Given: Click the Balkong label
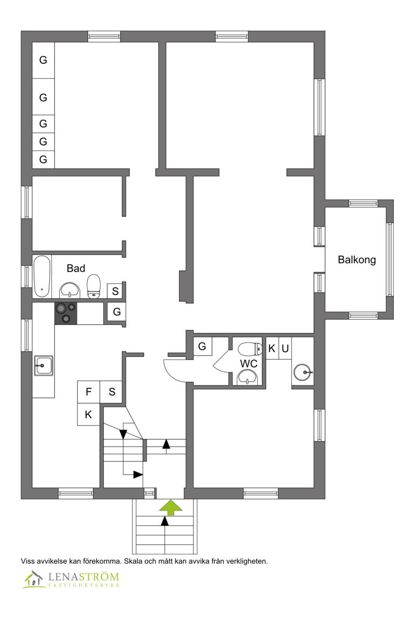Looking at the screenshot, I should [x=357, y=260].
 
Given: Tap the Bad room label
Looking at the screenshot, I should [x=76, y=268].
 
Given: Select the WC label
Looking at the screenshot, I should [x=248, y=364].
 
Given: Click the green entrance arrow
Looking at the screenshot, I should [x=170, y=507].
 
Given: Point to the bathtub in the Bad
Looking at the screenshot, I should [x=42, y=276].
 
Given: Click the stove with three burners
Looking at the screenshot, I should [x=65, y=313].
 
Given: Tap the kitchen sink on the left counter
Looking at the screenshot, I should [x=43, y=366].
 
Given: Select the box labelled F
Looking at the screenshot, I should [x=89, y=392].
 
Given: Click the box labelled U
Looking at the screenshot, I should [x=285, y=349].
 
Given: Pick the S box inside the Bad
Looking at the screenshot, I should [x=115, y=291].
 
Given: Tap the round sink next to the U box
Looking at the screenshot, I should [x=303, y=371].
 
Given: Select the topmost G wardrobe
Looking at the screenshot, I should [x=43, y=60].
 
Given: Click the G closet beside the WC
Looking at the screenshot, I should [x=202, y=346].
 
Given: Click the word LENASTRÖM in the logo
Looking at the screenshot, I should [x=84, y=576].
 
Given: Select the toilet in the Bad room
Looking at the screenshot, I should [x=93, y=286].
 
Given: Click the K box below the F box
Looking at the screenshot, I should [x=88, y=415].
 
